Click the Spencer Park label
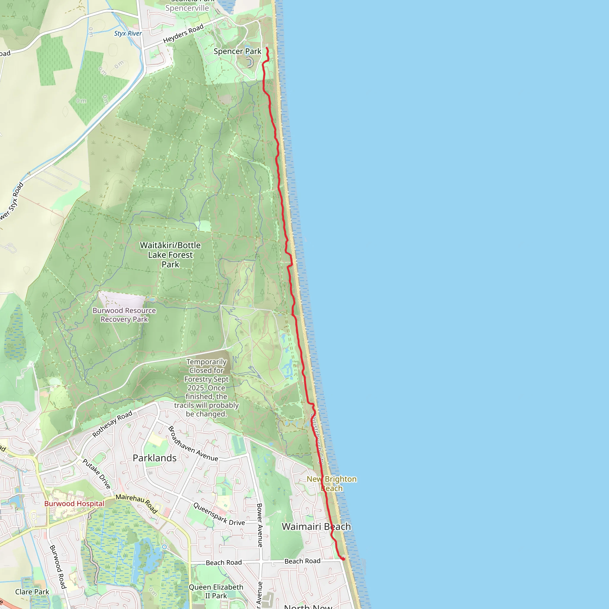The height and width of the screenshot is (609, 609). (237, 51)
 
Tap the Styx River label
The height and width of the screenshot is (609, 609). (128, 33)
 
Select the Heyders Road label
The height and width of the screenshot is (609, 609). (183, 34)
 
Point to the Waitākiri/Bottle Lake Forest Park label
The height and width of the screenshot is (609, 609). (170, 255)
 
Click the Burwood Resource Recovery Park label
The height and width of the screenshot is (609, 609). (124, 315)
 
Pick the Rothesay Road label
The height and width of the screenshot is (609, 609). (112, 424)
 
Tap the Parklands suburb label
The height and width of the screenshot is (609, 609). (154, 458)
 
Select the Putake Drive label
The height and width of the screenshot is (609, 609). (97, 474)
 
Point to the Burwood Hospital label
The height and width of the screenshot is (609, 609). (74, 503)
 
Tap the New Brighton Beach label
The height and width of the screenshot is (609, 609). (332, 484)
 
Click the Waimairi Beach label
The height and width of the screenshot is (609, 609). (316, 527)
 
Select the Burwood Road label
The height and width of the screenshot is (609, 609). (58, 567)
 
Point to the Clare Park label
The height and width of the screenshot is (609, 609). (32, 592)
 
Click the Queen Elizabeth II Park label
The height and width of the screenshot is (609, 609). (216, 591)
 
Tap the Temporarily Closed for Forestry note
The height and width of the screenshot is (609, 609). (206, 388)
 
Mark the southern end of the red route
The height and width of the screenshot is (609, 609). (343, 559)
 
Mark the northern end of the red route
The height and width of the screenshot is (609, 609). (267, 48)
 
